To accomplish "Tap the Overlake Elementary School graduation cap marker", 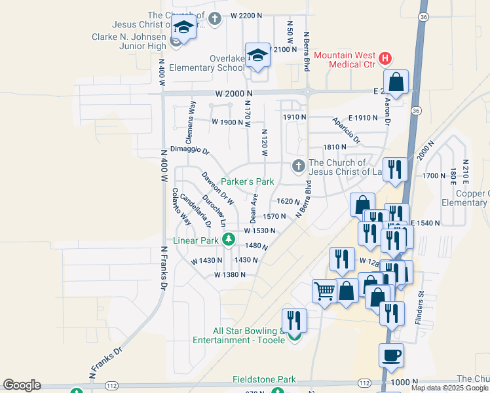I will coord(257,55).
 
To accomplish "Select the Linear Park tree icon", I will coord(228,240).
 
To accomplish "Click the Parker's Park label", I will coord(246,181).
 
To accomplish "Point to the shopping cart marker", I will coord(324,290).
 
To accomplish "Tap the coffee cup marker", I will coord(391,356).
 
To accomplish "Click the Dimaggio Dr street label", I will coord(189,150).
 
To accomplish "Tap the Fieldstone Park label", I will coord(264,379).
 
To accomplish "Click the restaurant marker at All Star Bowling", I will coord(294,320).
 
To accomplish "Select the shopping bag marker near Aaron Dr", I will coord(396,83).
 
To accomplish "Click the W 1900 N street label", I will coord(227,122).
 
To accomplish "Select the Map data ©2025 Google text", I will coord(449,388).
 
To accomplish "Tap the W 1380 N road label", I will coord(229,275).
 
